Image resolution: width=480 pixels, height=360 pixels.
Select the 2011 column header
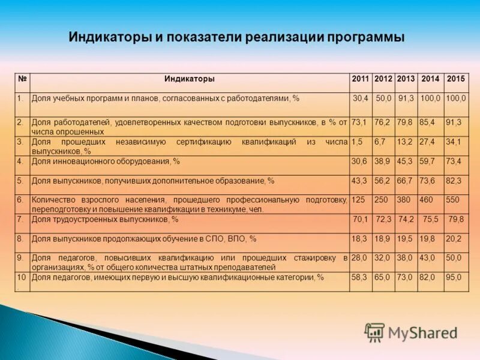tap(361, 79)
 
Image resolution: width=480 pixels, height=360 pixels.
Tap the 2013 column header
tap(406, 79)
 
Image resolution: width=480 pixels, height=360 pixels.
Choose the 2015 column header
tap(455, 79)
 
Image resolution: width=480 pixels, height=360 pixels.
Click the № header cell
tap(22, 79)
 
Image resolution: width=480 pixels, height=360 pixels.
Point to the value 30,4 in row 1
tap(361, 98)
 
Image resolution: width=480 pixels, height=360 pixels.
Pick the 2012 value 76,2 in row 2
tap(382, 122)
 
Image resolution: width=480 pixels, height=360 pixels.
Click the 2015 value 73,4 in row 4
tap(454, 161)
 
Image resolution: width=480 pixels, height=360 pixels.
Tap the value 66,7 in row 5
tap(405, 181)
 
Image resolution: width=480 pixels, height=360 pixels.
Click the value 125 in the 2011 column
tap(358, 200)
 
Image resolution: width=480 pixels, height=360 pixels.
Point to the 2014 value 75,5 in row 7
tap(431, 220)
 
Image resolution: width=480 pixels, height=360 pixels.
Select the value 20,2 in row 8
tap(454, 239)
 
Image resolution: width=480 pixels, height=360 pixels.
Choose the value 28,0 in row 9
tap(359, 258)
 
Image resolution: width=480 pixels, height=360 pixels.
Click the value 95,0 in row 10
tap(454, 277)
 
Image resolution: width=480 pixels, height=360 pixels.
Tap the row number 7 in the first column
tap(20, 220)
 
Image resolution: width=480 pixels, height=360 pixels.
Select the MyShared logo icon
tap(375, 332)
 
